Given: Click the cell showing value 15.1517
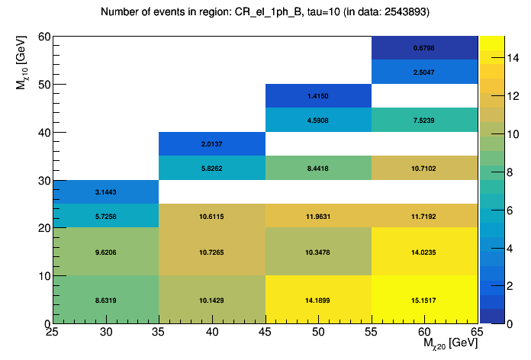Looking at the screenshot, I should [424, 300].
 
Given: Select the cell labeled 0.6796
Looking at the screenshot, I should [424, 48].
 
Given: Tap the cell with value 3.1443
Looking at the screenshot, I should [105, 191].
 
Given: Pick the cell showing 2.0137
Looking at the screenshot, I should [211, 143].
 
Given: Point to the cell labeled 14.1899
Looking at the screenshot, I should [318, 300].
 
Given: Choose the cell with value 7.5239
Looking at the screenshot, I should [424, 120].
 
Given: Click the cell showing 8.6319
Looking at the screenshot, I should [105, 300].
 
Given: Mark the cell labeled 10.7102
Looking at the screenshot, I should [424, 168].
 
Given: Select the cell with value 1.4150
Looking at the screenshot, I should [318, 96].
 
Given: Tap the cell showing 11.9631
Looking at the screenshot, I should [318, 216].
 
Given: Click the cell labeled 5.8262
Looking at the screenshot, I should [211, 168].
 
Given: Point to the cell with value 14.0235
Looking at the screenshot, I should [424, 252].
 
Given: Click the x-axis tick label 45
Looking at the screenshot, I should [265, 332].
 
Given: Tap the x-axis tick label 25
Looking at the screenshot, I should [53, 332].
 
